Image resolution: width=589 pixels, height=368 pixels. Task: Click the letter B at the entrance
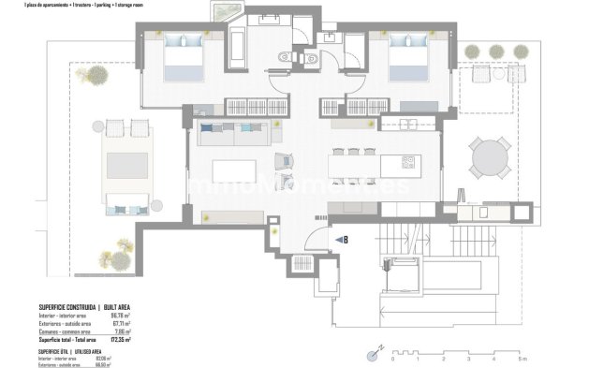coord(346,240)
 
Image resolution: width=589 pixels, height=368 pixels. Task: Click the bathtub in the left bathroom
coord(236,44)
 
